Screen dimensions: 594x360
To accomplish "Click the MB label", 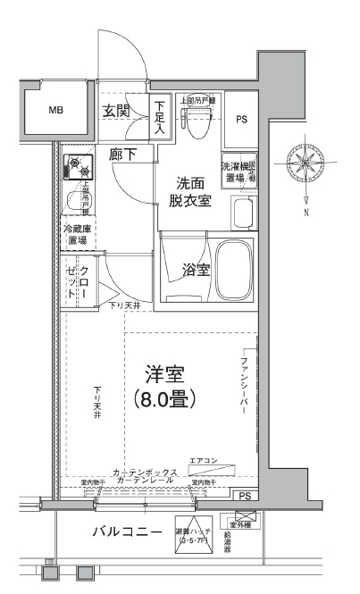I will pos(55,112).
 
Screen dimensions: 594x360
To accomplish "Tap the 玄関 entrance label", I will pos(116,112).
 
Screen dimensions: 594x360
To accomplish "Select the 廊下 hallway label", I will pos(123,155).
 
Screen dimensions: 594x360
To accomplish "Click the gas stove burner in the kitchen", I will pos(78,168).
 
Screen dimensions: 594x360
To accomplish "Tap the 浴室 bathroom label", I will pos(197,269).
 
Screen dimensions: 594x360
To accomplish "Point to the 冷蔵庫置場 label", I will pos(75,234).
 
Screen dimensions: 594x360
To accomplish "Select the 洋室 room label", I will pos(166,374).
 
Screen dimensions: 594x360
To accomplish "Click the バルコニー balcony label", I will pos(129,531).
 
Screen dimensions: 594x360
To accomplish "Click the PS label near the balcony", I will pos(244,496).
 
